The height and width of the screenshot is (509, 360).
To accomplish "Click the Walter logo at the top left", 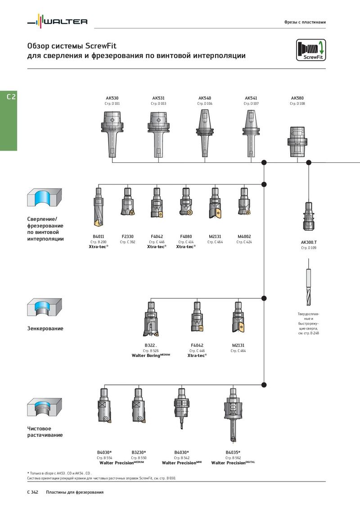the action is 58,22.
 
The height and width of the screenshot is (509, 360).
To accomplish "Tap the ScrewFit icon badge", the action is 310,50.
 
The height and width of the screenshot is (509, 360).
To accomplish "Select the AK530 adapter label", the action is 112,98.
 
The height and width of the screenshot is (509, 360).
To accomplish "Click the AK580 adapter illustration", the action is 297,142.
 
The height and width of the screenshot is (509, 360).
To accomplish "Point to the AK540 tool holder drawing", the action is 205,133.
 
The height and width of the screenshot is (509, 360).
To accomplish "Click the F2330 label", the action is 127,237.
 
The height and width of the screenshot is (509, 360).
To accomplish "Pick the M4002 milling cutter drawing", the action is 244,201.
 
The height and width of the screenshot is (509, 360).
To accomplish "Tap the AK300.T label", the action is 309,242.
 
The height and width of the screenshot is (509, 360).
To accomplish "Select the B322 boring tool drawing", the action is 151,319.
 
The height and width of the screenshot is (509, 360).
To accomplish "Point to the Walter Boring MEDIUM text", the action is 151,356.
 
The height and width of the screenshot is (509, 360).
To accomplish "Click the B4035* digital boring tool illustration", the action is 233,415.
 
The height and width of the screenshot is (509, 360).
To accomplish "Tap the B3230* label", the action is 139,452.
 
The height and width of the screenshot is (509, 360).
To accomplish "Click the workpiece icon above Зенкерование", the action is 44,308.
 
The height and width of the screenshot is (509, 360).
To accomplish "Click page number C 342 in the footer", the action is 32,492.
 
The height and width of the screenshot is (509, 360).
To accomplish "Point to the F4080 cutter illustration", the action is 186,201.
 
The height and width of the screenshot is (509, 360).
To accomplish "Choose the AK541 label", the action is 251,98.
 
